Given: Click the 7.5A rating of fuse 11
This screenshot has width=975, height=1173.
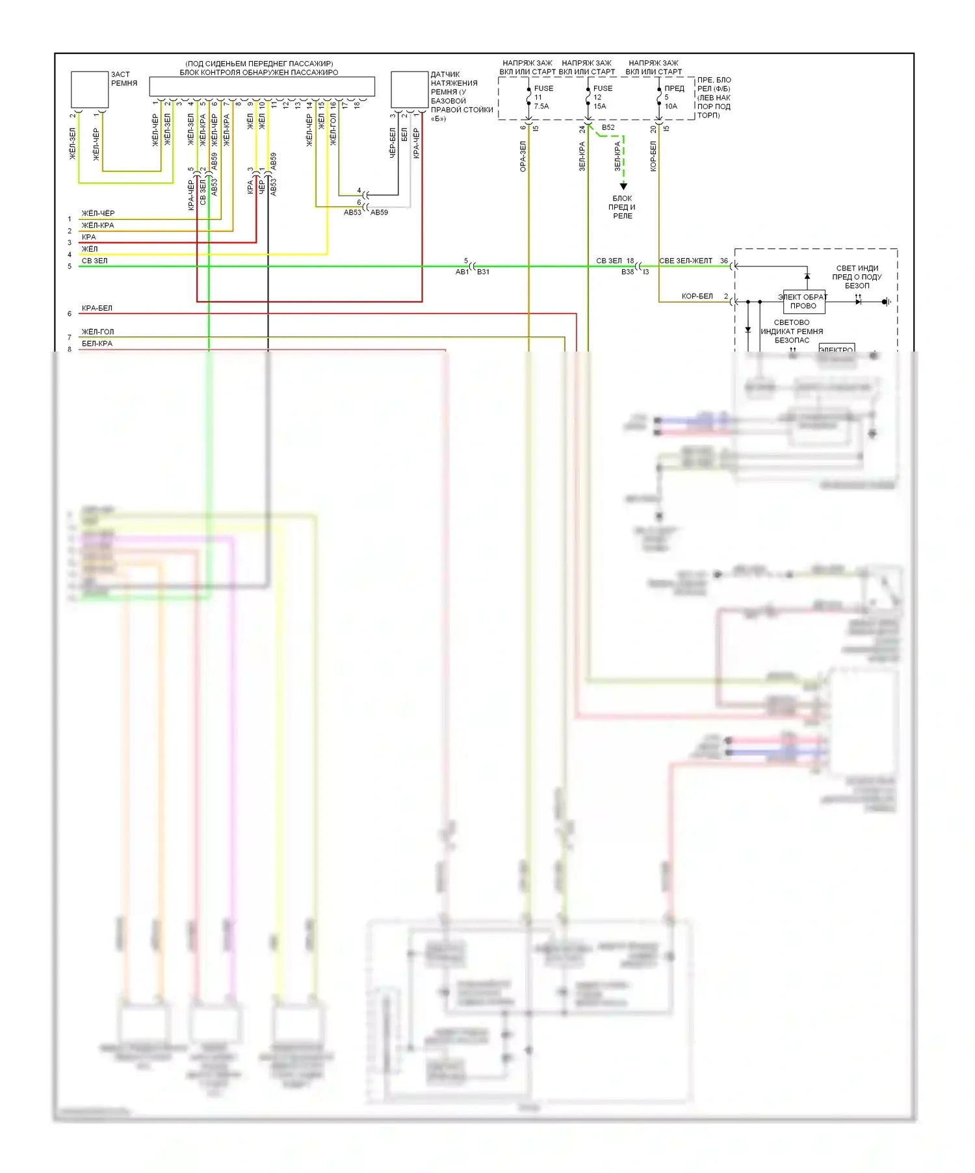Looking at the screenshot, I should coord(541,107).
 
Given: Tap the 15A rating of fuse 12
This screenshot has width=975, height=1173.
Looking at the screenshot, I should coord(599,107).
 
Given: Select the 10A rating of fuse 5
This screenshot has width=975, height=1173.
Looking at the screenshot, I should coord(671,107).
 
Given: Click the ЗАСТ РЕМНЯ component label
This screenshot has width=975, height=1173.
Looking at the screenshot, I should coord(123,79).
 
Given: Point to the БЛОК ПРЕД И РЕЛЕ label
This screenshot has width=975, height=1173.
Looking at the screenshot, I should coord(622,207).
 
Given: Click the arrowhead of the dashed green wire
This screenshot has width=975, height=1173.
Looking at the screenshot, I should coord(623,187).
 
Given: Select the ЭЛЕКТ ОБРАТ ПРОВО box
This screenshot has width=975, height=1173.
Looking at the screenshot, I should coord(803,302).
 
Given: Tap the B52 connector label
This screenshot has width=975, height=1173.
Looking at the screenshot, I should coord(608,127).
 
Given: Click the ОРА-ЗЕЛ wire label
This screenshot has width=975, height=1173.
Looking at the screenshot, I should coord(523,157).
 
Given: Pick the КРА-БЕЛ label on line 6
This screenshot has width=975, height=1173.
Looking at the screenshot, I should coord(97,308).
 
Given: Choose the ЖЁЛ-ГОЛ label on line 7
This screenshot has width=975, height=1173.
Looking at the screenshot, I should coord(97,331).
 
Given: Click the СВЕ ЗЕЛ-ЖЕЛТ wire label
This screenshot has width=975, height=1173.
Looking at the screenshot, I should coord(686,261).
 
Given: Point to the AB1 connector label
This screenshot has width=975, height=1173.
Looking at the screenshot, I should coord(462,272).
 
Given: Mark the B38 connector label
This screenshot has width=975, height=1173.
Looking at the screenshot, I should coord(627,272).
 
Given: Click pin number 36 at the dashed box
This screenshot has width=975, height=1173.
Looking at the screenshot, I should coord(723,261).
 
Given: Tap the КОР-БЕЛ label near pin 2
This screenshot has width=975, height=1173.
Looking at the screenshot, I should coord(697,296).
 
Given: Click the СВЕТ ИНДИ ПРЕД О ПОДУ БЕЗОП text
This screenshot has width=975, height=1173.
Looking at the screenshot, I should coord(857,277).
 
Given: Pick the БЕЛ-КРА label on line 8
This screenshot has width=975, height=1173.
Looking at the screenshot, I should coord(97,343).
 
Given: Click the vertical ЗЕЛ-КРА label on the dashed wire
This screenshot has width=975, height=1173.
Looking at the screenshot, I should coord(617,157).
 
